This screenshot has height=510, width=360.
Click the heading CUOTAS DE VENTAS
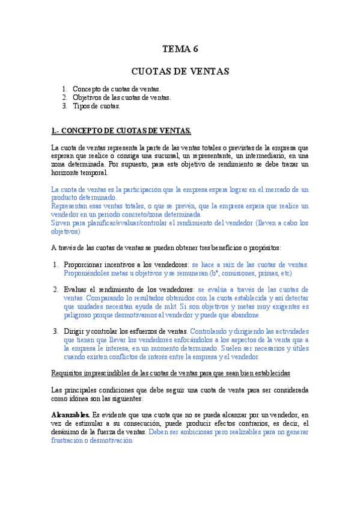(180, 72)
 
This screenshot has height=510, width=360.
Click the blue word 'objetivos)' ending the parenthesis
(66, 231)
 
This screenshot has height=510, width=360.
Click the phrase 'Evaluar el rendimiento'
(99, 289)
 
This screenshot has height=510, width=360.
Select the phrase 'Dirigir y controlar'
(94, 331)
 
